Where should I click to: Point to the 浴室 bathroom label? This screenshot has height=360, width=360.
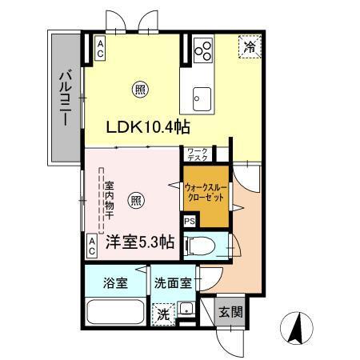pyautogui.click(x=114, y=282)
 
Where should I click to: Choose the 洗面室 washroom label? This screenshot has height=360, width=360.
pyautogui.click(x=172, y=282)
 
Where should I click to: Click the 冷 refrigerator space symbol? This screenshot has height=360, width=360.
pyautogui.click(x=248, y=47)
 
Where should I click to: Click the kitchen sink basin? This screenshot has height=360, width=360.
pyautogui.click(x=198, y=98)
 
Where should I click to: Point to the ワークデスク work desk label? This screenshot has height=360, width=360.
pyautogui.click(x=198, y=154)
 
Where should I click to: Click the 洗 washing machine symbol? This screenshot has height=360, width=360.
pyautogui.click(x=163, y=312)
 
